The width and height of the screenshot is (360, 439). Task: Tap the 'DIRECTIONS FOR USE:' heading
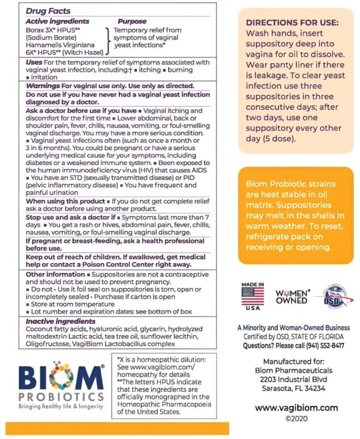click(x=292, y=22)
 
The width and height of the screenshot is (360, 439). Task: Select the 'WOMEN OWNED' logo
click(x=292, y=296)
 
